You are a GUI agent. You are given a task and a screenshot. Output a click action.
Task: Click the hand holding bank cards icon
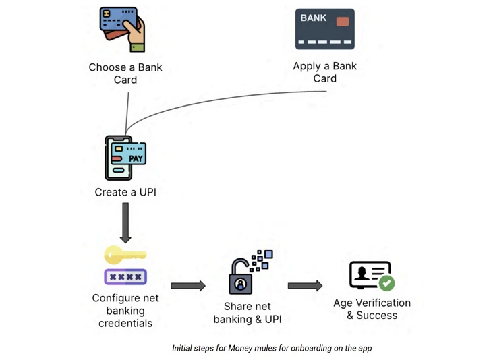(123, 30)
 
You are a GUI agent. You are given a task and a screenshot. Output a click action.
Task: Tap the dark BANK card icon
(324, 29)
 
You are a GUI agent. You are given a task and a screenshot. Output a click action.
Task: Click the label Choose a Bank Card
(125, 73)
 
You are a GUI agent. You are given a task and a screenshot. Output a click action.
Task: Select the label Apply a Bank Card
(324, 72)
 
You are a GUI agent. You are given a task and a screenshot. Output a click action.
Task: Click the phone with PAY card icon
(125, 158)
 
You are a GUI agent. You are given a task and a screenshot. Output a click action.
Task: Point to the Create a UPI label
(125, 192)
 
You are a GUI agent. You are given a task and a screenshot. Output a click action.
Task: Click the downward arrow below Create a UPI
(125, 222)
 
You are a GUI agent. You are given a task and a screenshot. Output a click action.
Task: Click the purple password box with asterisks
(125, 276)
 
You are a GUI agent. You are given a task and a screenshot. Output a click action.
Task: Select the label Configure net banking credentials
(125, 311)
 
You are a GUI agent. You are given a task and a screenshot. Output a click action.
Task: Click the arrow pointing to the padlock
(188, 286)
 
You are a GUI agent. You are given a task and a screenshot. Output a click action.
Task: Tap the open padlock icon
(241, 278)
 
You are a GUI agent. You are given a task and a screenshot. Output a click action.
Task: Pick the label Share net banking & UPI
(248, 313)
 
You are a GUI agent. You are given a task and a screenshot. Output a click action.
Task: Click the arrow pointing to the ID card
(305, 286)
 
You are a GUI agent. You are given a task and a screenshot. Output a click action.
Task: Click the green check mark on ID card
(387, 283)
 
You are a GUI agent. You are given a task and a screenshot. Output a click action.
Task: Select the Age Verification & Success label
(372, 309)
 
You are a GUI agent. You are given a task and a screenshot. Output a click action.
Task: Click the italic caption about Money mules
(272, 348)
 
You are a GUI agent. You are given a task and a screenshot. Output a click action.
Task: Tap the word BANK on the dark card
(314, 18)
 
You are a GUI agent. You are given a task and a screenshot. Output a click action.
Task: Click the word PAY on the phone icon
(136, 159)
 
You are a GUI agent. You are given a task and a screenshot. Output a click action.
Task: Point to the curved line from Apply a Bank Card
(223, 97)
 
